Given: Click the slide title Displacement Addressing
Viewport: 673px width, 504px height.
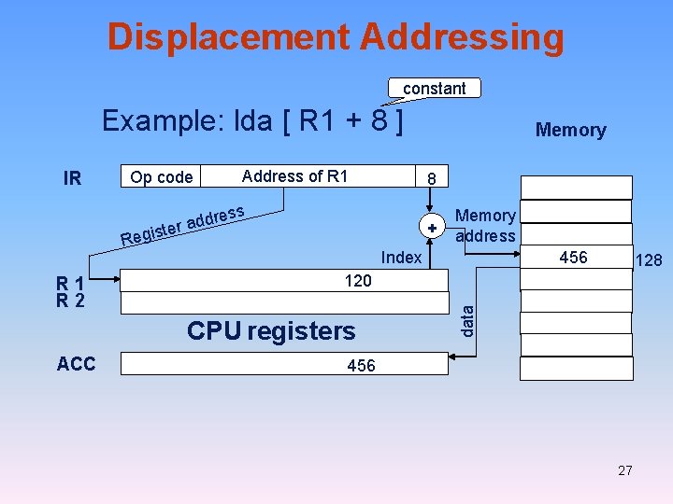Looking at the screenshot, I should [x=336, y=37].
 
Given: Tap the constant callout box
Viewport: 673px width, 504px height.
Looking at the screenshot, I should [x=434, y=89].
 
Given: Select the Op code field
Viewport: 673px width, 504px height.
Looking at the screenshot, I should [x=162, y=177].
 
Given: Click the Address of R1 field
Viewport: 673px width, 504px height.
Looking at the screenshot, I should [x=294, y=176].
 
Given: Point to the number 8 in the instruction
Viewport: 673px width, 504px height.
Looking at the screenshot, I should [x=431, y=178].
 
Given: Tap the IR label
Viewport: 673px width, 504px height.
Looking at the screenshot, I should [x=72, y=178].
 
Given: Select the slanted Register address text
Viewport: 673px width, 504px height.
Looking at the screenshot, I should [x=182, y=227].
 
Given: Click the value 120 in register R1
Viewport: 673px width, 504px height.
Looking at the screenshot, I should [x=358, y=281].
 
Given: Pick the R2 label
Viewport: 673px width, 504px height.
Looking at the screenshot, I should [x=71, y=301].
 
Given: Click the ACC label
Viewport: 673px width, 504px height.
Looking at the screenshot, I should [x=76, y=364].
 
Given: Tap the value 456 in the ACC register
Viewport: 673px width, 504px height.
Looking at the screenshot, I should [x=361, y=366].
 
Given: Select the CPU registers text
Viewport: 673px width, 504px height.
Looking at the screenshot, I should [x=271, y=331].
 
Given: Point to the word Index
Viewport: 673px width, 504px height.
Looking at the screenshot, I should [x=402, y=258].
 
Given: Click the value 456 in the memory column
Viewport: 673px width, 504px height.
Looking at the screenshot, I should [x=572, y=257].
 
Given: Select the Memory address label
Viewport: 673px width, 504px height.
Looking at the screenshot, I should [x=485, y=226].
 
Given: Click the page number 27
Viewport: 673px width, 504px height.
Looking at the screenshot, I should [x=625, y=470].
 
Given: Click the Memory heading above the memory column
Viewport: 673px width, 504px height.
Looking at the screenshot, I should [x=570, y=131].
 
